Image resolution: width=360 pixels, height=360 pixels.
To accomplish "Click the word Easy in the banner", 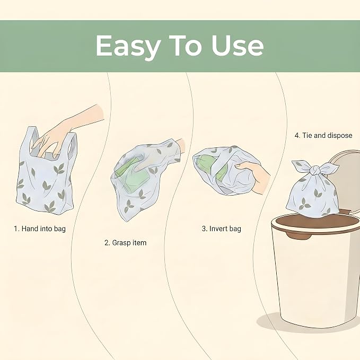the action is point(128,47).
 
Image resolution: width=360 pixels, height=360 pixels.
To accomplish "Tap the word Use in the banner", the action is point(237,46).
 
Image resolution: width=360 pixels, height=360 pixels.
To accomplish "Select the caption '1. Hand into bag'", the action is point(40,229).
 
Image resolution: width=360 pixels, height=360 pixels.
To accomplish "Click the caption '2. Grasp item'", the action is point(125,243).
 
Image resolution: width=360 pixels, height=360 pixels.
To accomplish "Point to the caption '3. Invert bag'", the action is point(221,229).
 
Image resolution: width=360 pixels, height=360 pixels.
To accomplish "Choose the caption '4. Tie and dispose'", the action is point(323,135).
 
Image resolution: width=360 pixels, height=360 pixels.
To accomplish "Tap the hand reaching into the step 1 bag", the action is point(69,131).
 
